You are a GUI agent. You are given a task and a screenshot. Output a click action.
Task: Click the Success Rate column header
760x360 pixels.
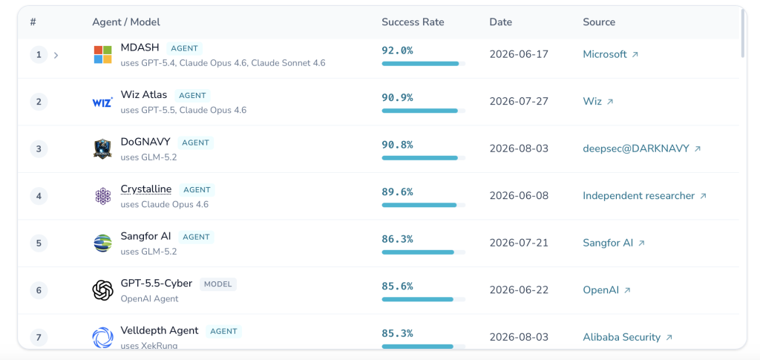point(413,22)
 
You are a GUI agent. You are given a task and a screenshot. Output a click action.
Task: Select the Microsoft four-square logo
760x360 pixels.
point(102,55)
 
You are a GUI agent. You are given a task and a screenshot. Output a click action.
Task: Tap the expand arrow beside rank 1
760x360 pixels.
point(56,55)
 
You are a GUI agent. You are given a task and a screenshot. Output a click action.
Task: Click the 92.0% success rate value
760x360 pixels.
point(398,50)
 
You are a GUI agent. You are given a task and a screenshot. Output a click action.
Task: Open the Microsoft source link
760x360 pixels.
point(610,54)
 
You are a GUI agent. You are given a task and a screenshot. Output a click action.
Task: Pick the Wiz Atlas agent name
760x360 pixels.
point(143,94)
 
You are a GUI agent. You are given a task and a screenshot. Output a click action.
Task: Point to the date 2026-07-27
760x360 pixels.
point(519,101)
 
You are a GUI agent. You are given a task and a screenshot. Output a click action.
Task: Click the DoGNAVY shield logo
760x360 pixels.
point(102,148)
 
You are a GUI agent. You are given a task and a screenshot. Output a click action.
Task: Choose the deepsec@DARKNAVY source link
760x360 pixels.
point(642,148)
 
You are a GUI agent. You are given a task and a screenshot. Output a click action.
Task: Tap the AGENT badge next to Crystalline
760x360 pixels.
point(197,190)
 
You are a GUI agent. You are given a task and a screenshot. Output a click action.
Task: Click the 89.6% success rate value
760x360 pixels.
point(398,192)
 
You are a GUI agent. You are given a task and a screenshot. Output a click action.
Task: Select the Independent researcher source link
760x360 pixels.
point(644,196)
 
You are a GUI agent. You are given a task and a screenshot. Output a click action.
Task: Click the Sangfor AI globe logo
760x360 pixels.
point(102,243)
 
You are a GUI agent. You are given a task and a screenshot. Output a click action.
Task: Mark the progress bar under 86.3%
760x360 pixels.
point(423,252)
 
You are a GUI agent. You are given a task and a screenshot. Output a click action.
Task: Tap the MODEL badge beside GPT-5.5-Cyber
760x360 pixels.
point(218,284)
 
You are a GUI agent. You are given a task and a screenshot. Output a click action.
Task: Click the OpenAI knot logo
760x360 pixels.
point(102,290)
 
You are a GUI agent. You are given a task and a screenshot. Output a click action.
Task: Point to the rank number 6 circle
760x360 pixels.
point(39,290)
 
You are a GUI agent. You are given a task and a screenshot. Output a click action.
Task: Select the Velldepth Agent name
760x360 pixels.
point(160,330)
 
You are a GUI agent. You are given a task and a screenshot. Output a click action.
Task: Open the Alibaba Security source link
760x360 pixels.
point(627,337)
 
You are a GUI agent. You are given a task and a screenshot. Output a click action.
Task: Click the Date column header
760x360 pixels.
point(501,22)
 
